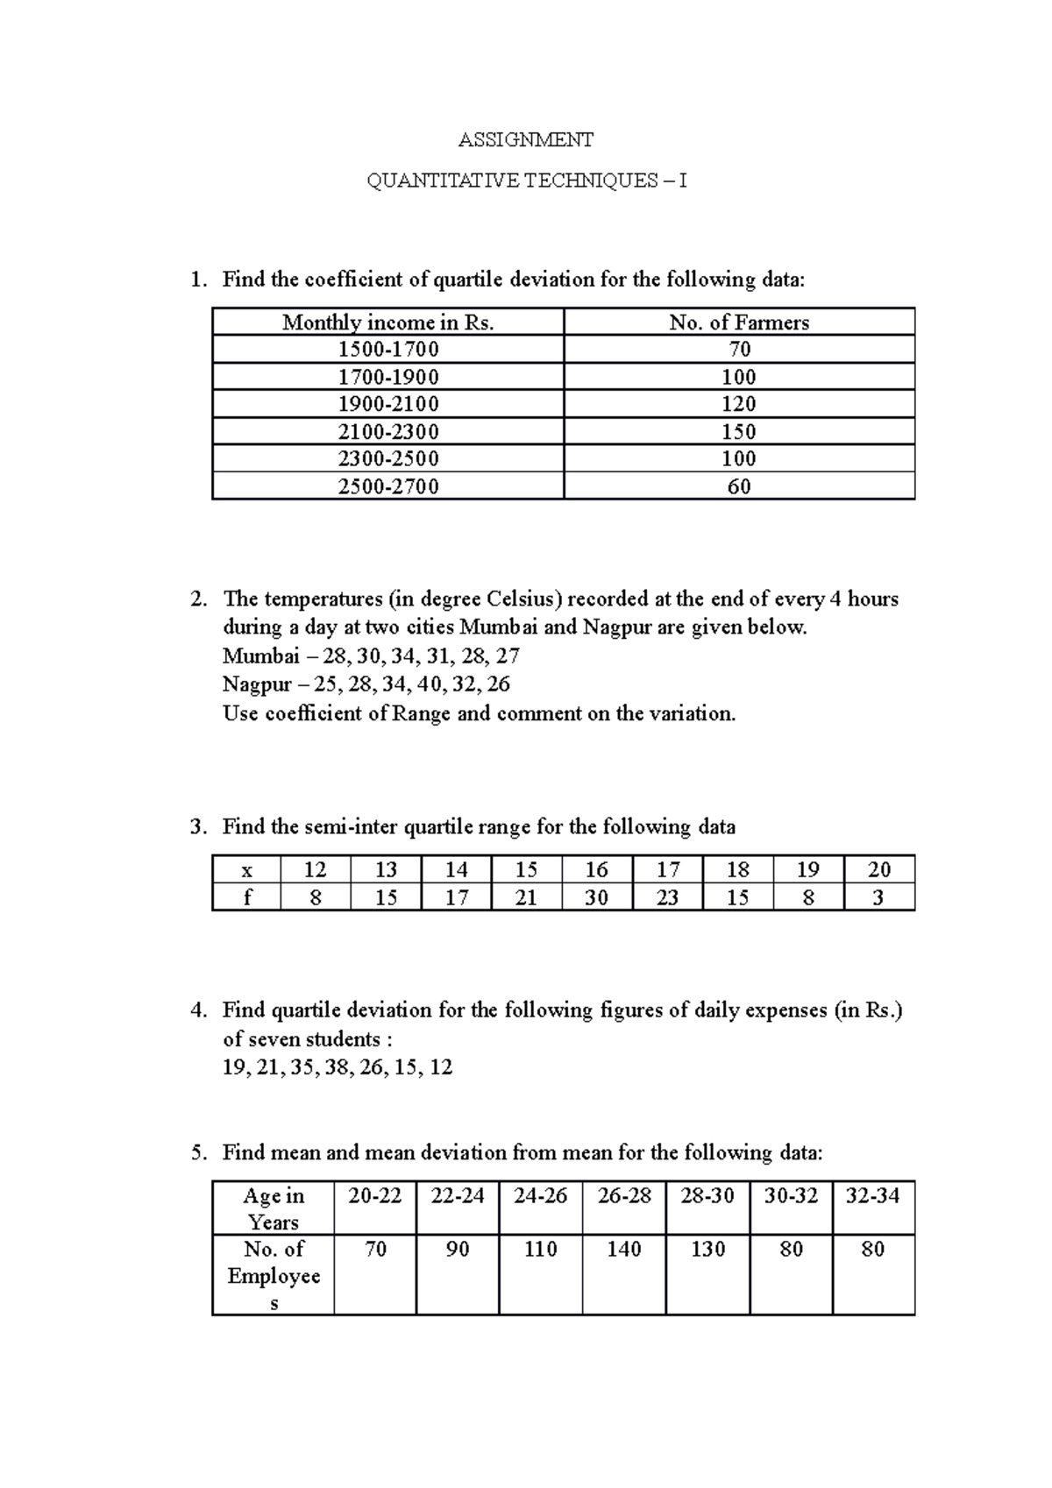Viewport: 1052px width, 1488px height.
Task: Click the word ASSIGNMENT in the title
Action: coord(526,139)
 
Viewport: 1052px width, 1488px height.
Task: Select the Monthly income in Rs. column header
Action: coord(387,322)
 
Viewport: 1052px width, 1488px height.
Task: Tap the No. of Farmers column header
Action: coord(739,322)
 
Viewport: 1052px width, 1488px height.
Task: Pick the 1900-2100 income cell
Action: coord(387,404)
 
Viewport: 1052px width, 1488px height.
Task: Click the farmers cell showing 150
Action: coord(739,431)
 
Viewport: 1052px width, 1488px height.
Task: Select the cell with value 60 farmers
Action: coord(739,486)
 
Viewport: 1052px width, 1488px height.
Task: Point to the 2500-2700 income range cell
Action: coord(387,486)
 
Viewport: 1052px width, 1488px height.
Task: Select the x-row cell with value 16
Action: coord(596,869)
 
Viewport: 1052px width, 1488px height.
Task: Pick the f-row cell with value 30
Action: coord(596,897)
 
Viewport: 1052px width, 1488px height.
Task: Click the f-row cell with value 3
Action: coord(878,897)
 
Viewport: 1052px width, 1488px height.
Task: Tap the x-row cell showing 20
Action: coord(878,869)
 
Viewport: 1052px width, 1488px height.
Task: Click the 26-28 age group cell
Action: coord(624,1196)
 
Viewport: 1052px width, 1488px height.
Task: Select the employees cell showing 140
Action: coord(624,1250)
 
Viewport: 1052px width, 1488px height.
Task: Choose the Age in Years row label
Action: coord(274,1208)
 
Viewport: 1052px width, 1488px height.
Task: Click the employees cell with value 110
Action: coord(541,1250)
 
